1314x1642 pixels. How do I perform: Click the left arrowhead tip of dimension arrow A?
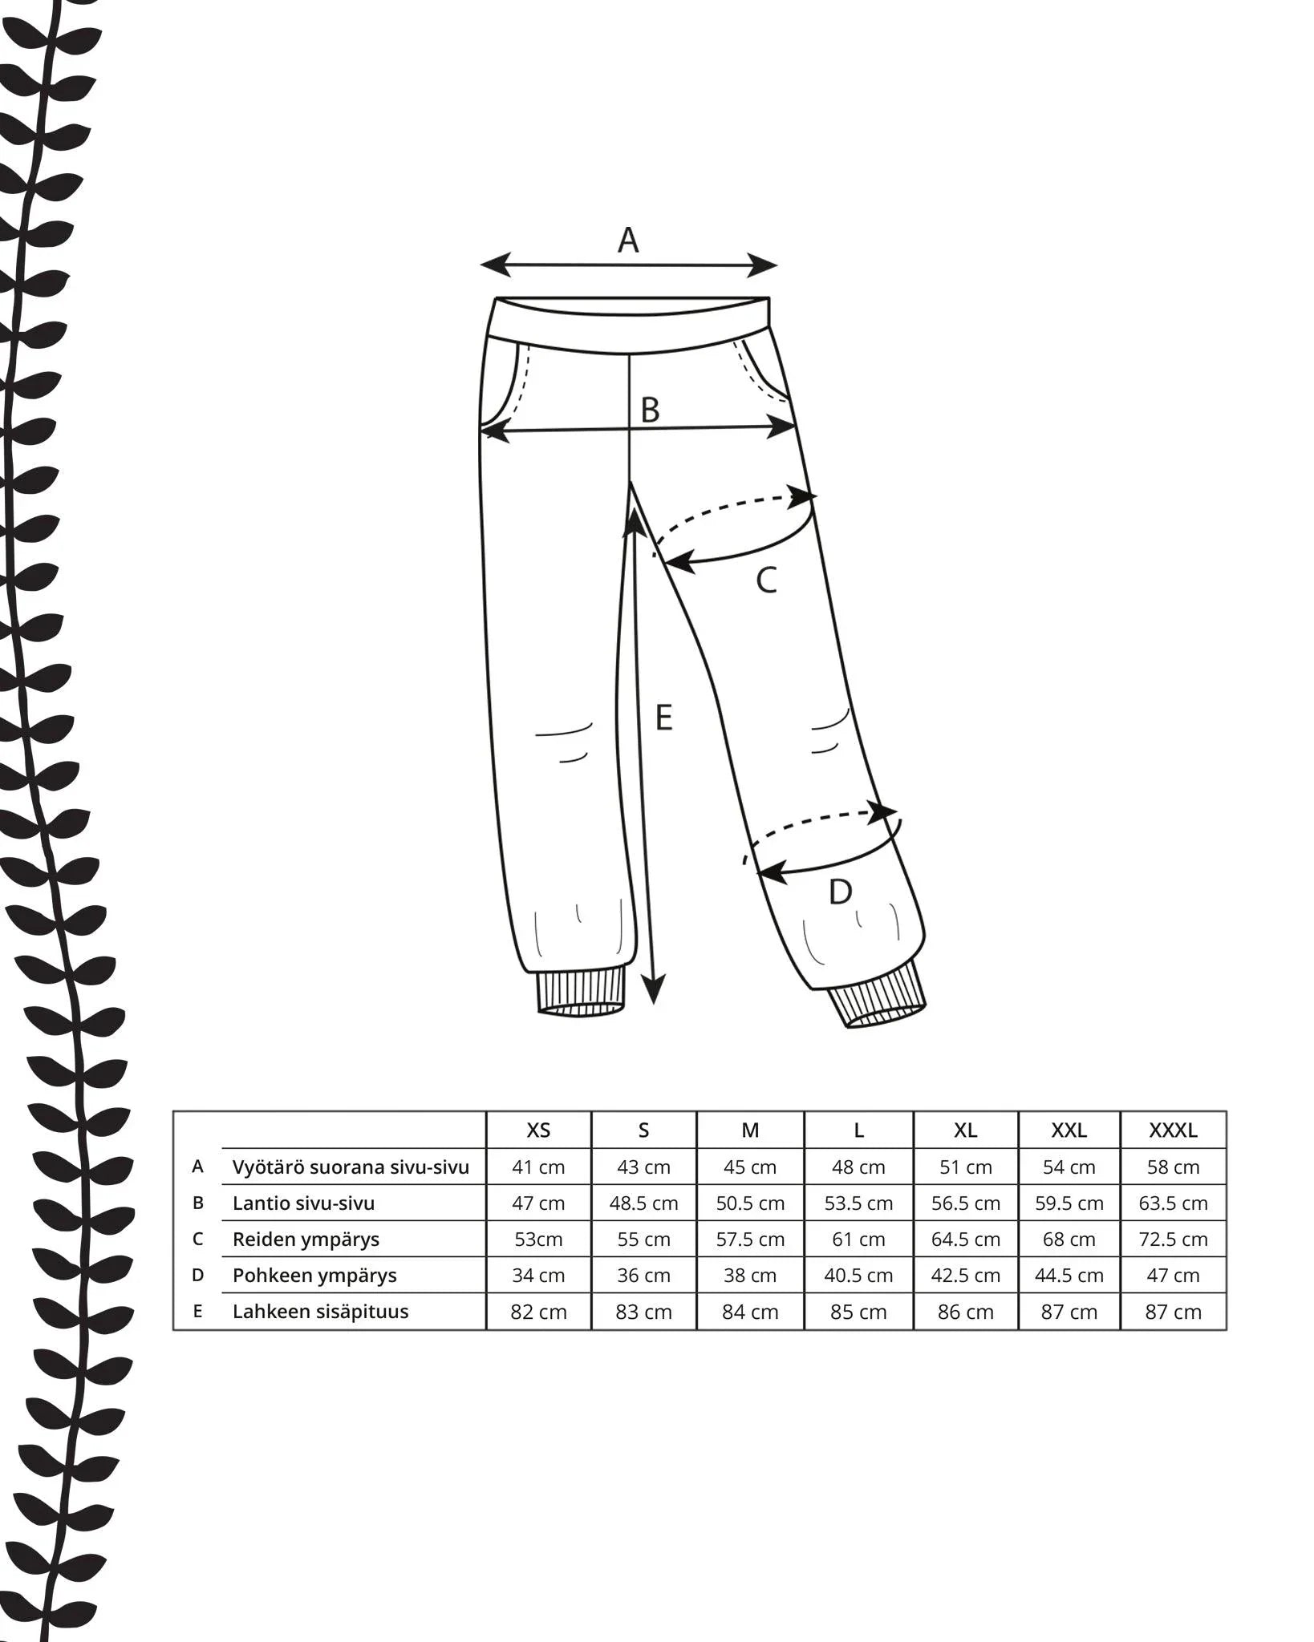(481, 265)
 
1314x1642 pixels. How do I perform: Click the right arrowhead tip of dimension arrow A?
(777, 265)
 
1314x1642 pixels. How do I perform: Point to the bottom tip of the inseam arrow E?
(655, 1004)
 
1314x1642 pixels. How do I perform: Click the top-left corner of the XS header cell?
(486, 1111)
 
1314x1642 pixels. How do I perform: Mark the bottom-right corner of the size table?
(1227, 1330)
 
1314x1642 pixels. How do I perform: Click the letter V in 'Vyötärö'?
(238, 1167)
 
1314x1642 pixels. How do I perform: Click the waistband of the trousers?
(631, 323)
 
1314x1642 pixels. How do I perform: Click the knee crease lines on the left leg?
(563, 742)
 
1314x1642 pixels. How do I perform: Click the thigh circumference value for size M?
(750, 1240)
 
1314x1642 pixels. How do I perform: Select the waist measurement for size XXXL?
(1173, 1167)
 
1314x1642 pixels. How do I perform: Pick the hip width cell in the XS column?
(538, 1203)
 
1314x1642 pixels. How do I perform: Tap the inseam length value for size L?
(858, 1312)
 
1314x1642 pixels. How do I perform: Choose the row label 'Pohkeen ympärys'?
(314, 1276)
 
